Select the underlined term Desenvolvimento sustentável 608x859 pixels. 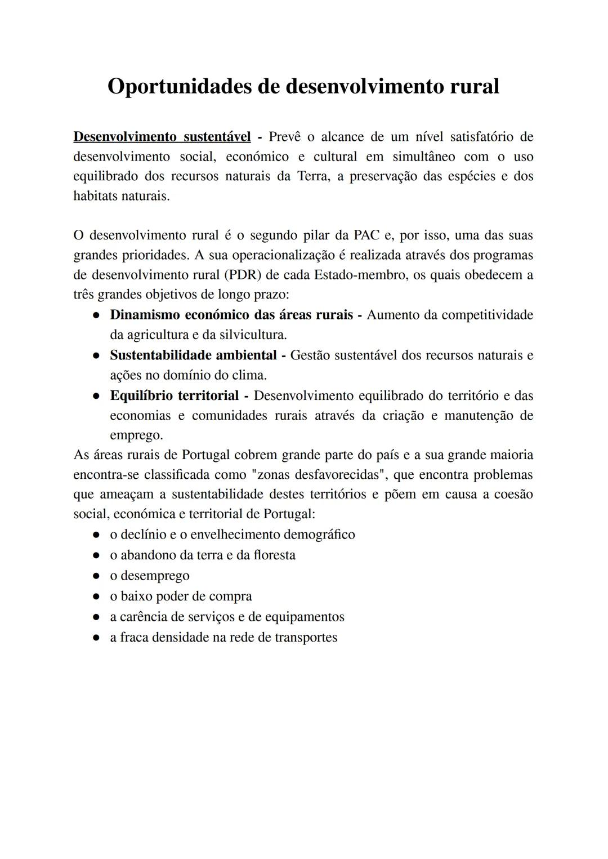[x=162, y=137]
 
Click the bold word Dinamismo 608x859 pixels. [x=145, y=315]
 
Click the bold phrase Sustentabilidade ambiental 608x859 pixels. [x=193, y=355]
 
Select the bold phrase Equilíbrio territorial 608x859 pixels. [x=174, y=395]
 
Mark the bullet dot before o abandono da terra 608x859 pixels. [x=97, y=555]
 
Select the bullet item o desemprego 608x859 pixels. [x=150, y=576]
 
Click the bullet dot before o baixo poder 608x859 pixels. [x=97, y=597]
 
